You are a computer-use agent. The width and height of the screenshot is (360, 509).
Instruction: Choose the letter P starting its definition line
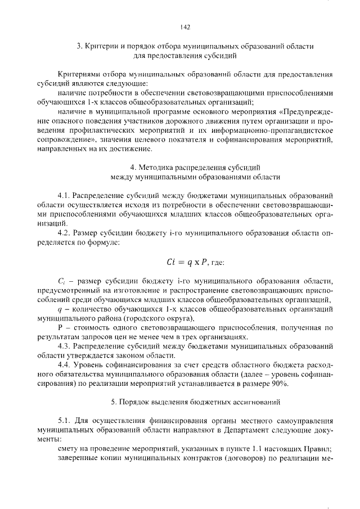pos(60,327)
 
